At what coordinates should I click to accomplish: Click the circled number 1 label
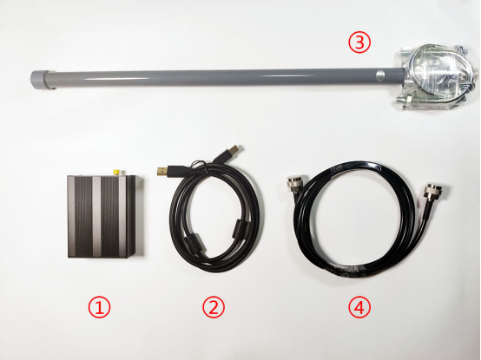[99, 308]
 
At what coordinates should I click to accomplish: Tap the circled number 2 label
[214, 308]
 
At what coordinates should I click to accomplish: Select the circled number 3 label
[359, 43]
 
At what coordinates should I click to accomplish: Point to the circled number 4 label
[359, 308]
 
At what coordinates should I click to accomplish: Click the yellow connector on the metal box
[116, 172]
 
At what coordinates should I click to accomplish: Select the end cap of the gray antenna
[39, 79]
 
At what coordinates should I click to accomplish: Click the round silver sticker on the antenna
[380, 75]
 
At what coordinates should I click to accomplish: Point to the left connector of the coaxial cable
[293, 185]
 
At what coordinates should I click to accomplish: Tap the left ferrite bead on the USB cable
[191, 243]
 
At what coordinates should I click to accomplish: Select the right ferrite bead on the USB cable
[238, 228]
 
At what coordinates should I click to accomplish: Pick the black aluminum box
[104, 216]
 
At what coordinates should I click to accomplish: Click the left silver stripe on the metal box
[96, 216]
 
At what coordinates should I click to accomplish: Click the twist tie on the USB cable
[201, 166]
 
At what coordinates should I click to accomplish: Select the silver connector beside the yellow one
[123, 173]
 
